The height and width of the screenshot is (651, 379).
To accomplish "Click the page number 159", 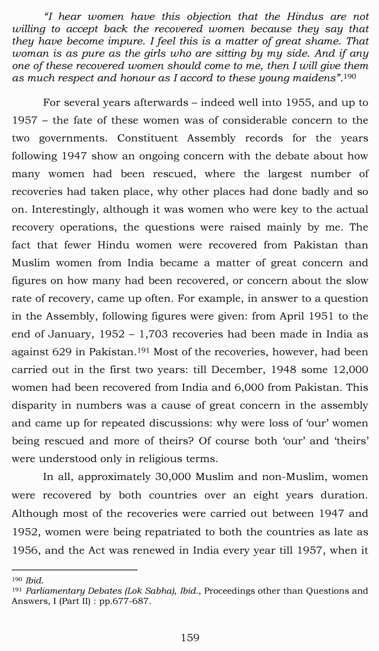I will (x=190, y=637).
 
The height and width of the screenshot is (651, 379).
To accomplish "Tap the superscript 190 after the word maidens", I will (x=350, y=76).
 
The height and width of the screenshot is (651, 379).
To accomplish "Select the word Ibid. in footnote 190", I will (x=34, y=581).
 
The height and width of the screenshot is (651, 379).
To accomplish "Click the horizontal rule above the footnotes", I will (x=74, y=569).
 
